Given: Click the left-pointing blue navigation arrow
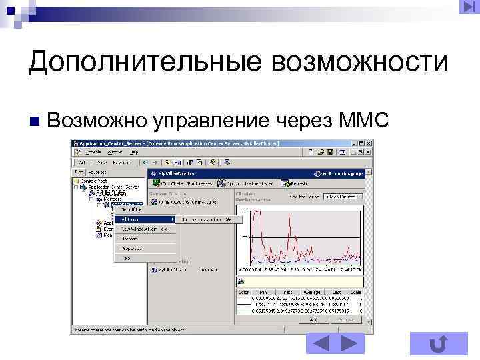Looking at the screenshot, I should [x=321, y=344].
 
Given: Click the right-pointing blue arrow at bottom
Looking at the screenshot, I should [x=349, y=344].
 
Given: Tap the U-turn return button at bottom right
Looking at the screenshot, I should [x=438, y=344].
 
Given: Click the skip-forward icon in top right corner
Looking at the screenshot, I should [x=466, y=7].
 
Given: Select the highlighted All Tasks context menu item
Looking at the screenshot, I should [x=144, y=219].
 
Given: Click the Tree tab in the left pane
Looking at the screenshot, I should [x=79, y=171].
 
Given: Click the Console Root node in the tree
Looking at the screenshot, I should [x=93, y=180].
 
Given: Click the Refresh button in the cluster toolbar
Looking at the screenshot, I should [x=295, y=182].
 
